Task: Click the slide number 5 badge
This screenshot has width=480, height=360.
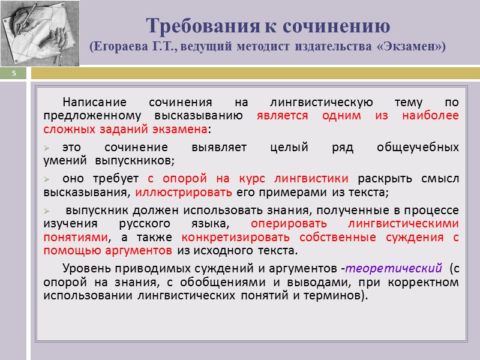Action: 13,73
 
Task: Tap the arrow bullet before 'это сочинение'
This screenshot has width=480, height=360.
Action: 48,148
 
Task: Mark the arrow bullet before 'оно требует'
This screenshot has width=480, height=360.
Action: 48,179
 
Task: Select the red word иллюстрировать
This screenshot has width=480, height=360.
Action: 183,193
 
